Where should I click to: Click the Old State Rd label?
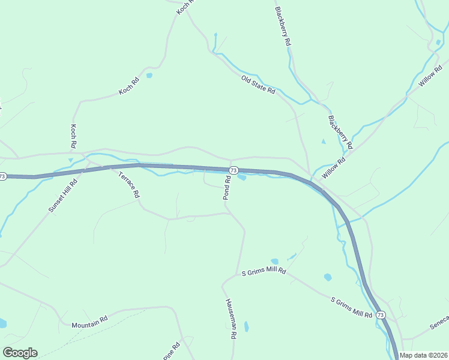pyautogui.click(x=258, y=85)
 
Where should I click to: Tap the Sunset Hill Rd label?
pyautogui.click(x=64, y=196)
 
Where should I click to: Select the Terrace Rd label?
pyautogui.click(x=129, y=185)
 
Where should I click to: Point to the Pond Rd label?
pyautogui.click(x=228, y=188)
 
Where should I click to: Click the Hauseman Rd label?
pyautogui.click(x=229, y=320)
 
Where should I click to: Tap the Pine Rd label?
pyautogui.click(x=172, y=352)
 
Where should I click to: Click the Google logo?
pyautogui.click(x=20, y=353)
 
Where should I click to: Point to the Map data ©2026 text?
pyautogui.click(x=424, y=355)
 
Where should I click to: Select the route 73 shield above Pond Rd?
pyautogui.click(x=234, y=170)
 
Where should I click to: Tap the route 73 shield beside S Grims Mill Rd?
pyautogui.click(x=381, y=314)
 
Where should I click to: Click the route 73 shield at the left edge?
pyautogui.click(x=3, y=176)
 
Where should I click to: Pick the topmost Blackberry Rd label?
pyautogui.click(x=283, y=27)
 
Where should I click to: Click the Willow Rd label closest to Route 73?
pyautogui.click(x=334, y=167)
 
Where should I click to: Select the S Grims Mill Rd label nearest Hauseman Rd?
pyautogui.click(x=264, y=272)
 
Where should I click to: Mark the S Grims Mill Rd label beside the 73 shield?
pyautogui.click(x=352, y=306)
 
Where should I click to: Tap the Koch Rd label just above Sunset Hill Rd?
pyautogui.click(x=73, y=136)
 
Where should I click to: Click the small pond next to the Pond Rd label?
pyautogui.click(x=241, y=177)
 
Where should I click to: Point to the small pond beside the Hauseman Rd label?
pyautogui.click(x=246, y=327)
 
